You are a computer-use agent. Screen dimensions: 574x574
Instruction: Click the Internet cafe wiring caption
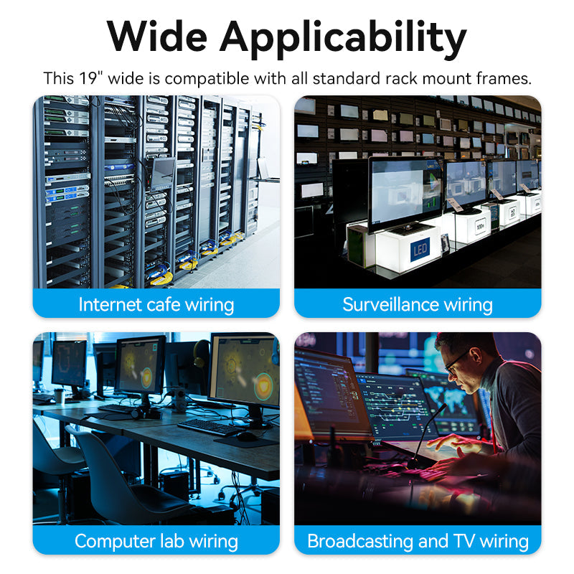point(156,304)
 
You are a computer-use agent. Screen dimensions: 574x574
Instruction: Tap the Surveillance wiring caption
point(418,304)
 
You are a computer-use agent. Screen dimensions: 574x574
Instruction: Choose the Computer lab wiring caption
point(156,541)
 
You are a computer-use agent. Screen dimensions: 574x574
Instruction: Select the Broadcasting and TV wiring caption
point(418,541)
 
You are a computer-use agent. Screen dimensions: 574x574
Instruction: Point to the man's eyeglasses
point(457,360)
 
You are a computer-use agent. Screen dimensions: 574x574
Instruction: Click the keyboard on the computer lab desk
point(208,426)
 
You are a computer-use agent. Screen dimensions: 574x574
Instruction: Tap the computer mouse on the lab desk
point(246,436)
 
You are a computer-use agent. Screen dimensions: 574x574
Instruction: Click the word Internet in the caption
point(110,304)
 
